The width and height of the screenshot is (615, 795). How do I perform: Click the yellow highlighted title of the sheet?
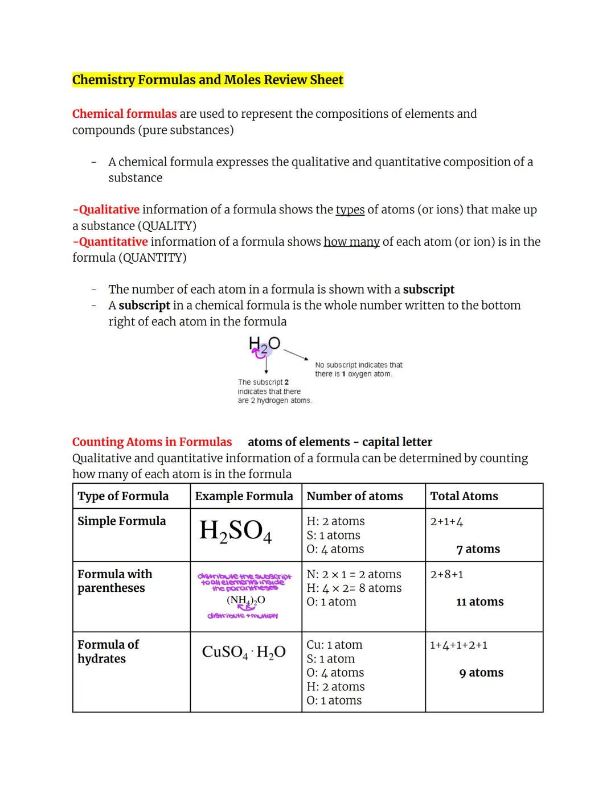[207, 80]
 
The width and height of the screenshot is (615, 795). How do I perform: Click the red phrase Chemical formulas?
[124, 114]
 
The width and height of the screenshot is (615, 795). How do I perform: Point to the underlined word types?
[350, 209]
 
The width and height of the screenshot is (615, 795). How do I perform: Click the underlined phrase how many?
[351, 241]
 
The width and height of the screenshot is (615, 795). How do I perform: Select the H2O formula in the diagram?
[264, 344]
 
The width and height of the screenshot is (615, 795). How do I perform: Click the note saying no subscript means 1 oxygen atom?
[358, 369]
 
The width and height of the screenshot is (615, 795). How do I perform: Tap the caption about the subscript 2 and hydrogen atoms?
[274, 392]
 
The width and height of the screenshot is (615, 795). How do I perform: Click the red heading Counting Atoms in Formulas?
[152, 442]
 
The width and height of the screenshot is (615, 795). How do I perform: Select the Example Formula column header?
[244, 496]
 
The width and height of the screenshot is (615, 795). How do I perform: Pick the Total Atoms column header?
[464, 496]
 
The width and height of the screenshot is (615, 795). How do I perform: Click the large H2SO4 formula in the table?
[235, 532]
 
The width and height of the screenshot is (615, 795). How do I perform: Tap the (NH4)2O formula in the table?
[245, 600]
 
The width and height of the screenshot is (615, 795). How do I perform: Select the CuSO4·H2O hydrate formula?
[244, 652]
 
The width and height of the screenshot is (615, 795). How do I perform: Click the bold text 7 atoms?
[478, 549]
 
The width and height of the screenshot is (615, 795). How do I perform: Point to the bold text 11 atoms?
[479, 602]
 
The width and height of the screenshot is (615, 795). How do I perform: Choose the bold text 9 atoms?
[481, 673]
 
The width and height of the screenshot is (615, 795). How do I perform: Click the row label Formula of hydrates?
[108, 652]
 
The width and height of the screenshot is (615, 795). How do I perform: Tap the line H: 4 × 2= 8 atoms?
[354, 588]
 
